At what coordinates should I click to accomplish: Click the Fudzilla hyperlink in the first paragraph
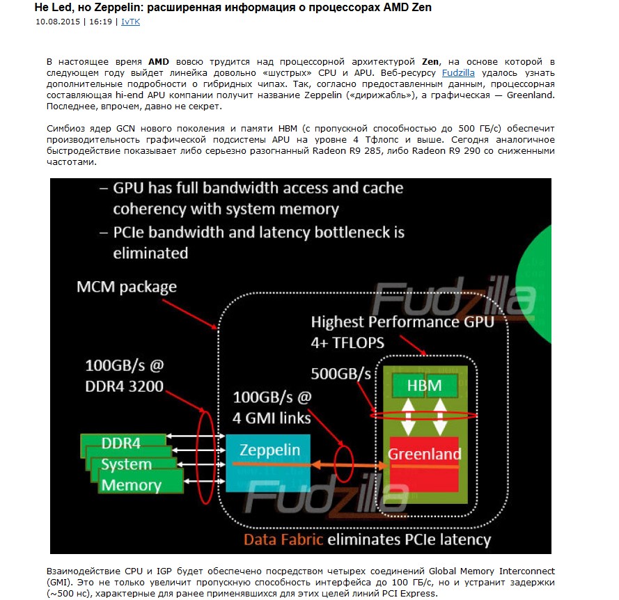coord(458,72)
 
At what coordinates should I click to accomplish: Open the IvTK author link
coord(130,22)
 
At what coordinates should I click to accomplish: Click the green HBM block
coord(424,384)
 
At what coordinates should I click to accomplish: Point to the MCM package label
coord(126,287)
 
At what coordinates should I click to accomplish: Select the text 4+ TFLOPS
coord(347,342)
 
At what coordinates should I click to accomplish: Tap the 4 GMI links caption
coord(272,418)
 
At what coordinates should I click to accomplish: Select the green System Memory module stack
coord(132,464)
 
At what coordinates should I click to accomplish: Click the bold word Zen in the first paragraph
coord(430,62)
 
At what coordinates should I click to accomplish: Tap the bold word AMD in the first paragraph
coord(159,62)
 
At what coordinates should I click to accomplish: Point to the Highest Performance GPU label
coord(402,322)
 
